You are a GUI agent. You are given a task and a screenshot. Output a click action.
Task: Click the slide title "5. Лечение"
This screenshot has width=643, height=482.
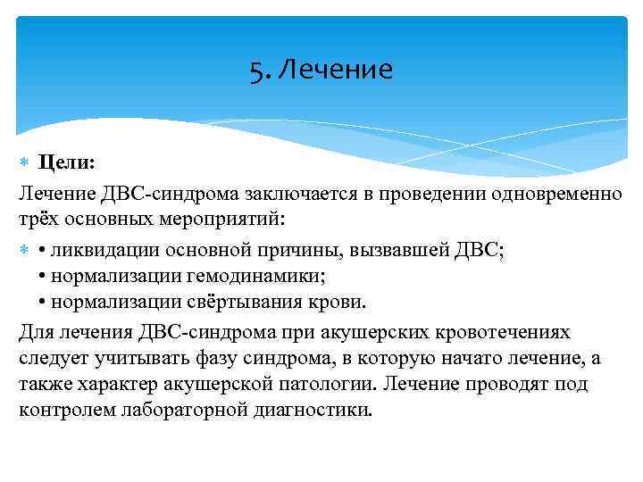[x=321, y=70]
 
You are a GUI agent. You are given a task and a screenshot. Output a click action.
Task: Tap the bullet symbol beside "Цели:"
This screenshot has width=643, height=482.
[x=24, y=163]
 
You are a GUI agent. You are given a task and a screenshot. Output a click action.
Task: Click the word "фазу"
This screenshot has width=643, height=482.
[x=202, y=358]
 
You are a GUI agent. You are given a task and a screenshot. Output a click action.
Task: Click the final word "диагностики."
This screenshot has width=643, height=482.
[x=310, y=410]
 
